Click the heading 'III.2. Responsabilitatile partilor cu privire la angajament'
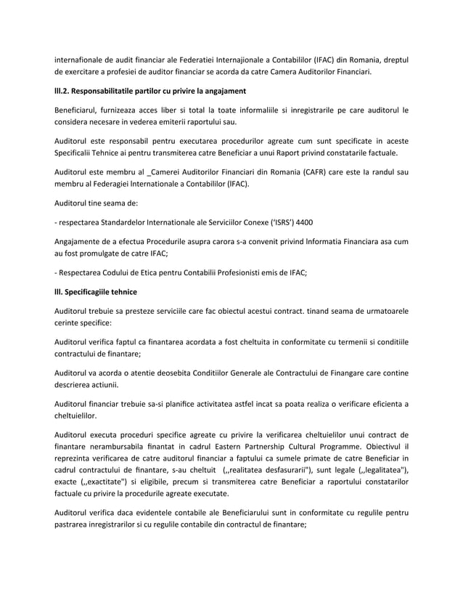(x=149, y=91)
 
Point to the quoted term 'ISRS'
(x=273, y=222)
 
